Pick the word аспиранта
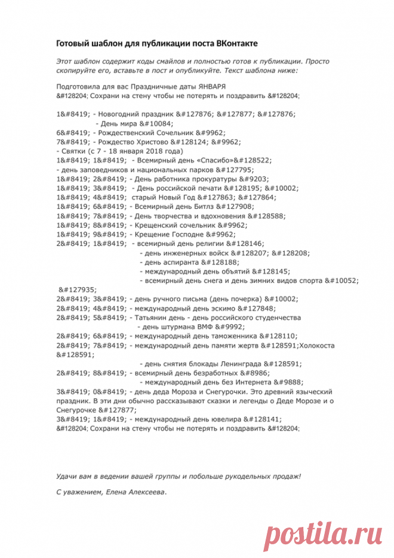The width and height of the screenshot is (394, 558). [x=181, y=261]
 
